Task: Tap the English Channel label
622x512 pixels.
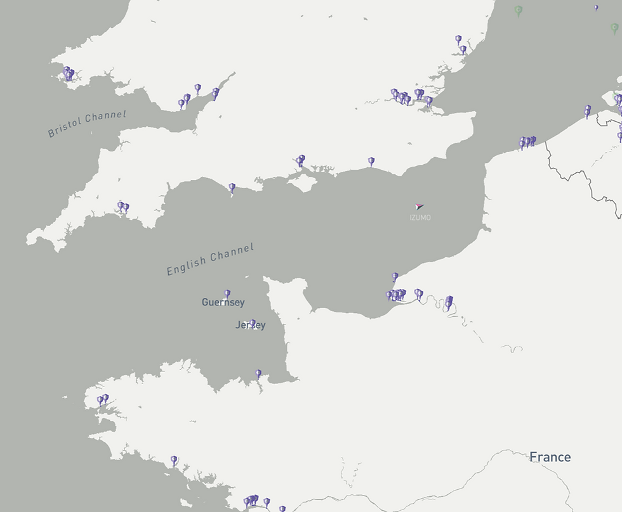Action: (210, 259)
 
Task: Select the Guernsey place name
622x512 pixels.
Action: (223, 302)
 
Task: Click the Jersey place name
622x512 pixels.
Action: (250, 325)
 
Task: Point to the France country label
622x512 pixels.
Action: (550, 457)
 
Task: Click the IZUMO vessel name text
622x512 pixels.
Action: (420, 218)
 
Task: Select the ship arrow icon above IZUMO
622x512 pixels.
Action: (418, 207)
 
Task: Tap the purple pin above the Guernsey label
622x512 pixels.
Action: (227, 293)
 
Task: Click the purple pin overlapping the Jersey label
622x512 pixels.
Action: (253, 323)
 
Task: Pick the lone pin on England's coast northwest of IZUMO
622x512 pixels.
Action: (371, 162)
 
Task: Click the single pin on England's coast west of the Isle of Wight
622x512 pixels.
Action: (232, 188)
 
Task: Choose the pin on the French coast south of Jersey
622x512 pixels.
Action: (258, 374)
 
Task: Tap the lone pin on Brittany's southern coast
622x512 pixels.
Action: (174, 460)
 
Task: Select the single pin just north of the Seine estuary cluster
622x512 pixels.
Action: (395, 276)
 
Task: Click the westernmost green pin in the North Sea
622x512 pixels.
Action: (518, 10)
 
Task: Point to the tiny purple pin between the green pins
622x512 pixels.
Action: (596, 8)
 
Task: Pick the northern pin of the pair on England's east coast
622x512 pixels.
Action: (458, 39)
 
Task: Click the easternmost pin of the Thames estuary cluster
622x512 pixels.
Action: (429, 100)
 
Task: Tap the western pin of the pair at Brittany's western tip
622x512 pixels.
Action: (100, 400)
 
